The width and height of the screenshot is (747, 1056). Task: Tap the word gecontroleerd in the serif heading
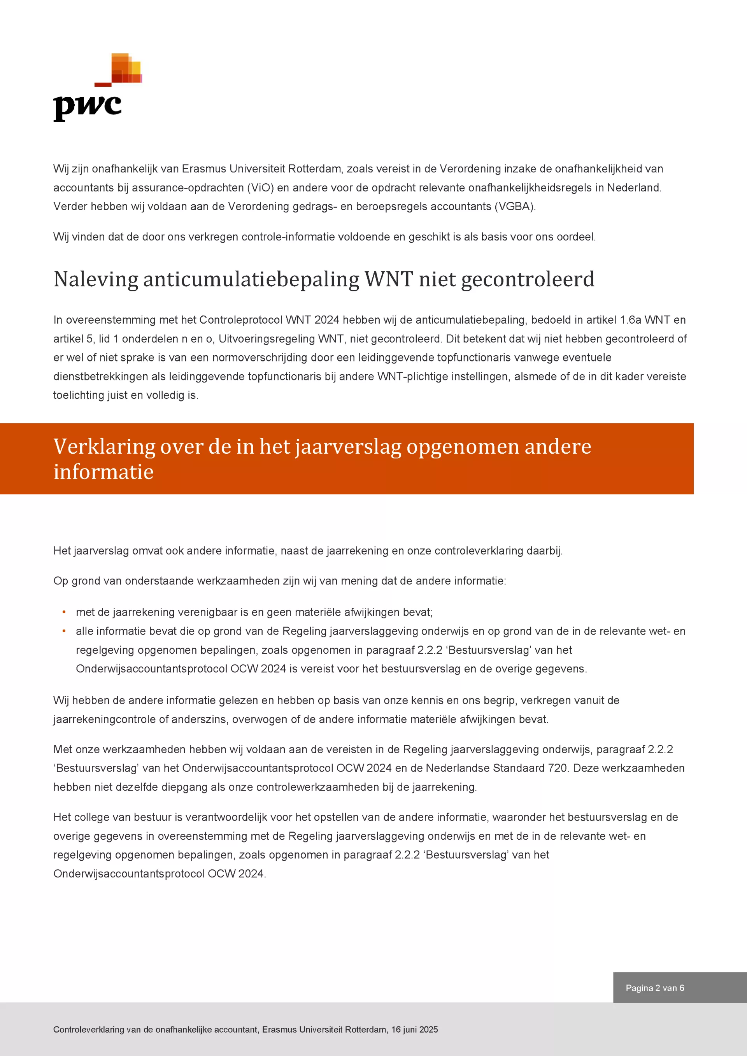528,280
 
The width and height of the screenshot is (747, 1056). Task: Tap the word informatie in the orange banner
103,472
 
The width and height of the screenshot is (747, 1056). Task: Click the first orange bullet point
64,612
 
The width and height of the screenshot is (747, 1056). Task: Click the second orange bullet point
64,631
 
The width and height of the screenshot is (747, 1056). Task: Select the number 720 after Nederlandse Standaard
557,768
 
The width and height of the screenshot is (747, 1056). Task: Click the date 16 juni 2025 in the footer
414,1029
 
